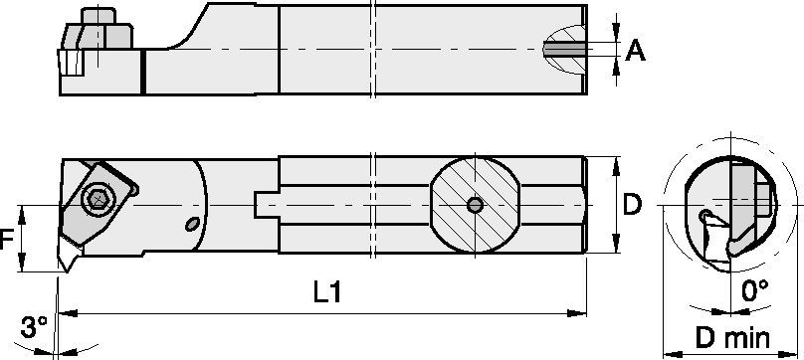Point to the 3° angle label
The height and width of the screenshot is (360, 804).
pyautogui.click(x=34, y=327)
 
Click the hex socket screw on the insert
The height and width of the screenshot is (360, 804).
pyautogui.click(x=99, y=198)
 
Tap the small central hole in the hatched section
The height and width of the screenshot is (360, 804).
pyautogui.click(x=476, y=205)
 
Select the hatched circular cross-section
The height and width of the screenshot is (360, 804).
pyautogui.click(x=476, y=205)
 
